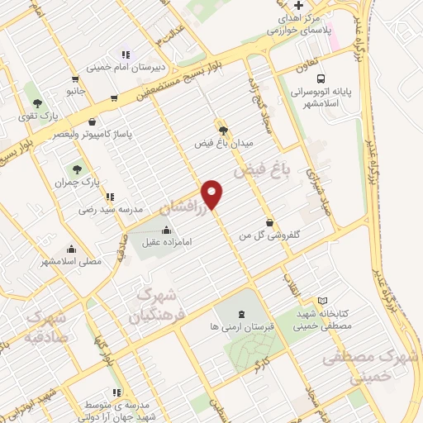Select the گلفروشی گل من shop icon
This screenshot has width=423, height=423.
[x=271, y=221]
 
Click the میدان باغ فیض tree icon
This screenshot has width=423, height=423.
[x=223, y=130]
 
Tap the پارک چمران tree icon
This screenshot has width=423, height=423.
[x=79, y=169]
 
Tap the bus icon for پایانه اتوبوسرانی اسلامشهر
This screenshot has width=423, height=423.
[x=322, y=71]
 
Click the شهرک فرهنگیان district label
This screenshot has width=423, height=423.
[x=153, y=304]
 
